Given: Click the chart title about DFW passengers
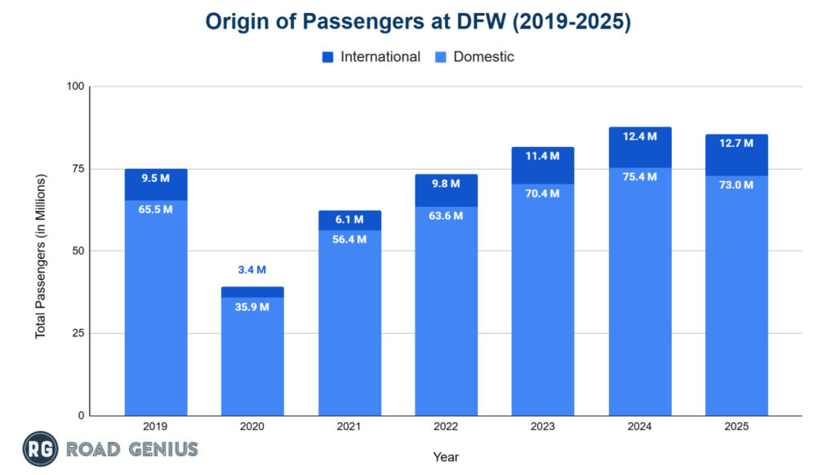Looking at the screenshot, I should pyautogui.click(x=418, y=22).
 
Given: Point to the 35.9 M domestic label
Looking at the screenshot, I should pyautogui.click(x=252, y=308).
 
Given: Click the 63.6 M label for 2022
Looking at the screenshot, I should pyautogui.click(x=446, y=216).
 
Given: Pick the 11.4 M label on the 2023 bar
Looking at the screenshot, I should pyautogui.click(x=542, y=156).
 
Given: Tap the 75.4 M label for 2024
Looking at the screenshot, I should pyautogui.click(x=639, y=177).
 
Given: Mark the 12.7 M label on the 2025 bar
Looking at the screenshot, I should pyautogui.click(x=736, y=144).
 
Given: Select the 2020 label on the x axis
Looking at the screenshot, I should pyautogui.click(x=252, y=426).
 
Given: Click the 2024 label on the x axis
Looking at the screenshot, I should pyautogui.click(x=639, y=426).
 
